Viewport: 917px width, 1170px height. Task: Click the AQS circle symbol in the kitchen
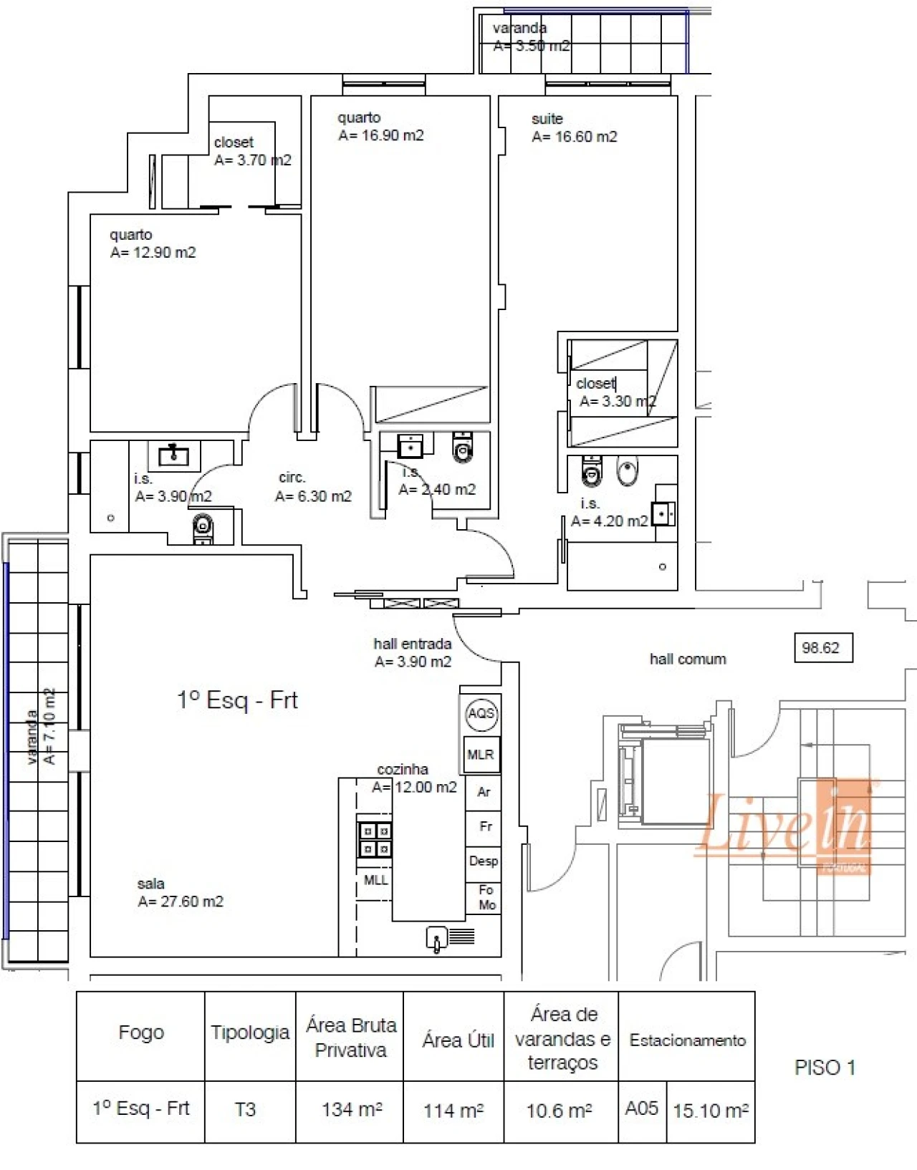click(481, 713)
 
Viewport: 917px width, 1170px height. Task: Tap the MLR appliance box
click(481, 755)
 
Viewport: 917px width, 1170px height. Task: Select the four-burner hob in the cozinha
click(375, 840)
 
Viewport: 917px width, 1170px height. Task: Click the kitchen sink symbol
click(436, 938)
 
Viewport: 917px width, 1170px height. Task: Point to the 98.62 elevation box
click(822, 648)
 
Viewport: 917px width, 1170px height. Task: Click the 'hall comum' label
click(687, 659)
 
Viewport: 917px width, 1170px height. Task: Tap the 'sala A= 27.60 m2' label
click(180, 893)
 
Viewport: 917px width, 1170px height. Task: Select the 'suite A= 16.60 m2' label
click(573, 128)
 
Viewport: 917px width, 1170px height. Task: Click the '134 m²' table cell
click(351, 1110)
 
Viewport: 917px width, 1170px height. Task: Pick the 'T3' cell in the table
click(245, 1110)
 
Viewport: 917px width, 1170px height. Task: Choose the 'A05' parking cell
click(641, 1108)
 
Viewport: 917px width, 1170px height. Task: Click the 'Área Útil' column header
click(458, 1040)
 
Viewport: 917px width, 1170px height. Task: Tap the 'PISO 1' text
click(825, 1068)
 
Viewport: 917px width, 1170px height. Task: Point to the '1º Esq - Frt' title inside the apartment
click(237, 700)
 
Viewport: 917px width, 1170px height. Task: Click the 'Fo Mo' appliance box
click(486, 897)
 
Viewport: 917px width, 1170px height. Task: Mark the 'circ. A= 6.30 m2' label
click(313, 487)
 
